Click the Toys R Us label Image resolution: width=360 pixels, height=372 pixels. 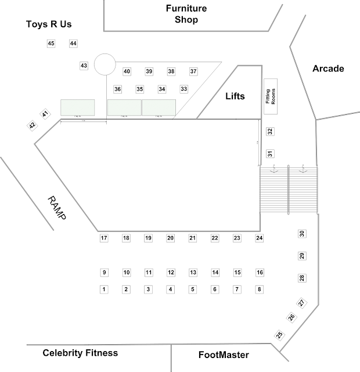click(x=49, y=24)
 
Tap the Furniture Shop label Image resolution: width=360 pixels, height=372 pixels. click(x=186, y=14)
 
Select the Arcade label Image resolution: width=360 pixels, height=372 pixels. click(x=328, y=69)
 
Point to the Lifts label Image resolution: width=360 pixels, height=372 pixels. click(x=235, y=96)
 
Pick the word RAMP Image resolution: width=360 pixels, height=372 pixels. click(x=57, y=208)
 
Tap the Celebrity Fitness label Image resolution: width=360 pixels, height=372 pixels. click(x=80, y=353)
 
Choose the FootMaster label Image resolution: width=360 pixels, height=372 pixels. click(x=224, y=355)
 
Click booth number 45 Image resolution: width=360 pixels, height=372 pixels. click(x=51, y=44)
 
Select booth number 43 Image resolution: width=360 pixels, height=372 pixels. click(x=84, y=66)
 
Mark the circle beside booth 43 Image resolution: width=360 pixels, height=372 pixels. click(x=105, y=64)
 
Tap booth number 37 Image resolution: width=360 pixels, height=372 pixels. click(x=193, y=71)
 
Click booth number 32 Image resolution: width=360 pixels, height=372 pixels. click(x=269, y=131)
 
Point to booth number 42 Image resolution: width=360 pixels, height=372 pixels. click(x=33, y=125)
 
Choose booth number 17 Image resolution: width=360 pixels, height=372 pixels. click(x=104, y=238)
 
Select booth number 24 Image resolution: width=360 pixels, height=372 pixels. click(x=260, y=238)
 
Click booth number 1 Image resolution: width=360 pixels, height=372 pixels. click(x=104, y=289)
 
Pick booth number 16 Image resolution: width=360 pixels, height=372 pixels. click(x=260, y=273)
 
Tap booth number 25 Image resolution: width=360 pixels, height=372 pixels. click(x=279, y=335)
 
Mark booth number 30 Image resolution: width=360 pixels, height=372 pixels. click(x=302, y=234)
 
